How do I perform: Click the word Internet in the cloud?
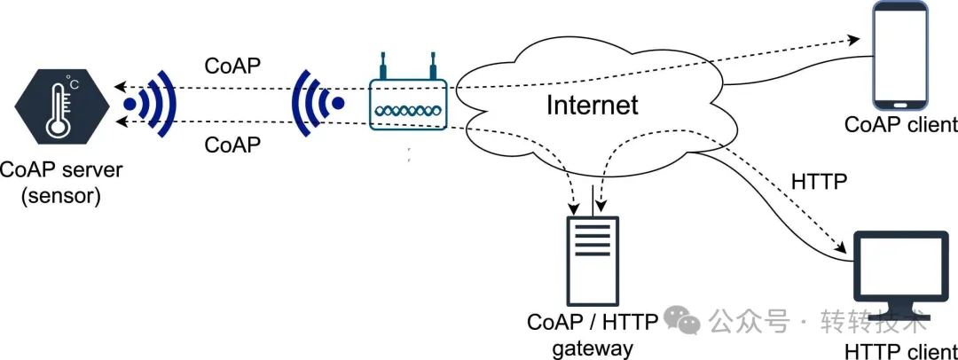tap(592, 105)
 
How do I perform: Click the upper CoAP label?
tap(233, 67)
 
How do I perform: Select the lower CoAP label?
tap(232, 144)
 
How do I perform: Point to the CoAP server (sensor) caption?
tap(61, 182)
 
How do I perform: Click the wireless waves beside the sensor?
tap(153, 105)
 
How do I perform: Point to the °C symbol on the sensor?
tap(74, 84)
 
